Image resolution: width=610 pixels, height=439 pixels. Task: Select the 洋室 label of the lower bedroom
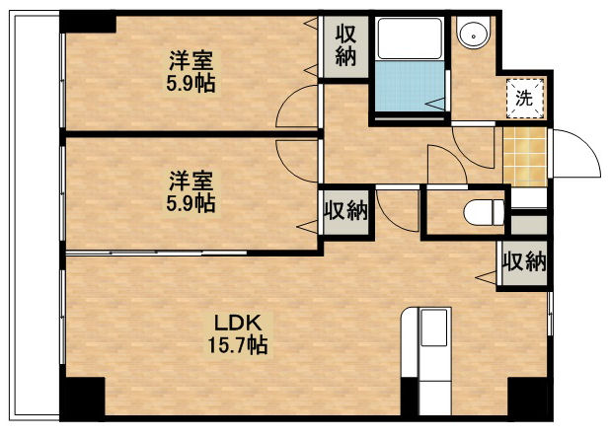click(191, 181)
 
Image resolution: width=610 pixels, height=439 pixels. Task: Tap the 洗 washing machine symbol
click(525, 98)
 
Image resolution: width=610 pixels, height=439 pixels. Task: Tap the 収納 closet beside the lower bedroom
click(346, 210)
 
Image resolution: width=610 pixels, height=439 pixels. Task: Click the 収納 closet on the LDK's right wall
click(524, 261)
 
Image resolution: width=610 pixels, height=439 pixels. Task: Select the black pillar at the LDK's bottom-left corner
click(83, 397)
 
